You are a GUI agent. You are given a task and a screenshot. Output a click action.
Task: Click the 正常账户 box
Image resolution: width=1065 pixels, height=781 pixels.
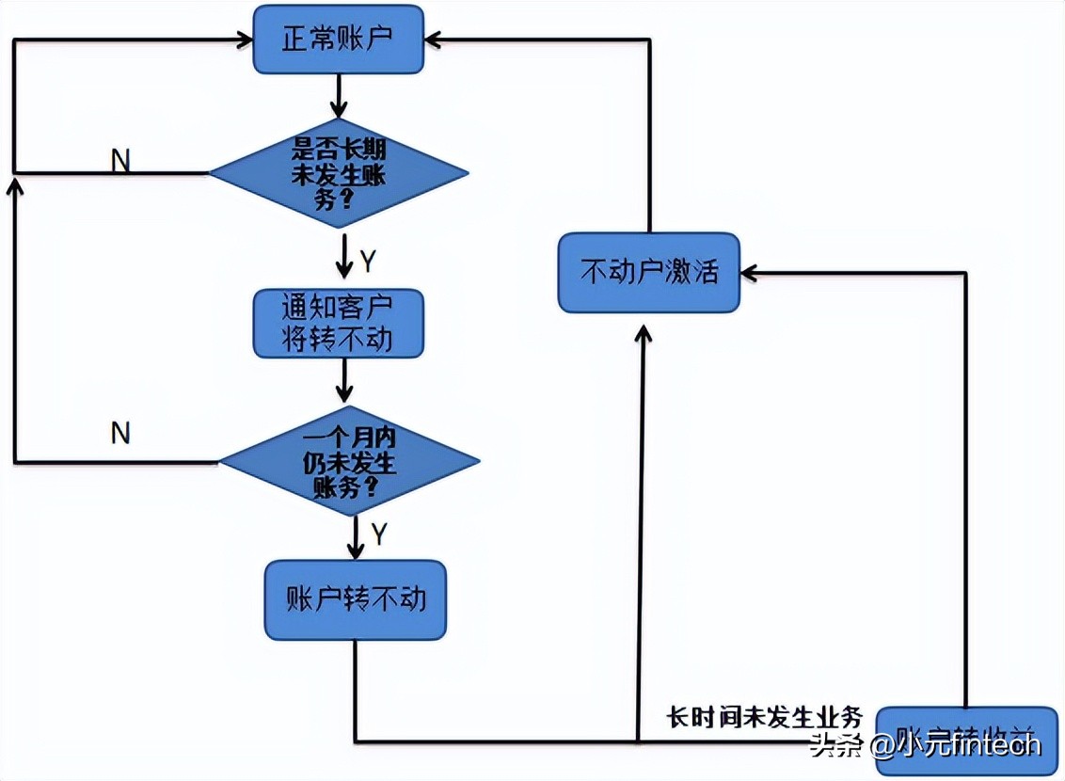click(x=338, y=40)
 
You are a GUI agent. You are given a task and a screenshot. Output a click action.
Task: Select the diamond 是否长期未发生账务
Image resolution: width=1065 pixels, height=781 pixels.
click(x=338, y=173)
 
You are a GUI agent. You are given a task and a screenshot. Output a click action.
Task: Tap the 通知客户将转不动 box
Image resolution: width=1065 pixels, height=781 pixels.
click(x=338, y=323)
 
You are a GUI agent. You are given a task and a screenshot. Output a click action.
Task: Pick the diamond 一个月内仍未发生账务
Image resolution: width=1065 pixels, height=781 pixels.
click(x=349, y=461)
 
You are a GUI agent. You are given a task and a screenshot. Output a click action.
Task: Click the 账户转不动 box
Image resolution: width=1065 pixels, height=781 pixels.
click(x=355, y=599)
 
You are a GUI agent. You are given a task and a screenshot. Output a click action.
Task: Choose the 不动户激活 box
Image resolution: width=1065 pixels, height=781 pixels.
click(x=649, y=273)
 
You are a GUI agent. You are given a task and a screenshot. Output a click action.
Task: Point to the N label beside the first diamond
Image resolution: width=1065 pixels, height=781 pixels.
click(x=120, y=161)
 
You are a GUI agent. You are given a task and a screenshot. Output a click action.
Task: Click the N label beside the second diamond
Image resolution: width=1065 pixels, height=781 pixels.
click(x=120, y=433)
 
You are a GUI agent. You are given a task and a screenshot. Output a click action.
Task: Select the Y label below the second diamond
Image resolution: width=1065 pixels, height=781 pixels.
click(x=378, y=534)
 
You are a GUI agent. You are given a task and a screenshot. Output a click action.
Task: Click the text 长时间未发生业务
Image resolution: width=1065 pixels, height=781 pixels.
click(x=764, y=717)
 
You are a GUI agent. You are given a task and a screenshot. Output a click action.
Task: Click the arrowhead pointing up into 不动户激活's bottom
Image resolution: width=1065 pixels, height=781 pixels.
click(x=643, y=332)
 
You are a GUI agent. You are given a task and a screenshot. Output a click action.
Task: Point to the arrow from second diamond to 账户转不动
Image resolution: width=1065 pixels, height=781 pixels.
click(x=356, y=537)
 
